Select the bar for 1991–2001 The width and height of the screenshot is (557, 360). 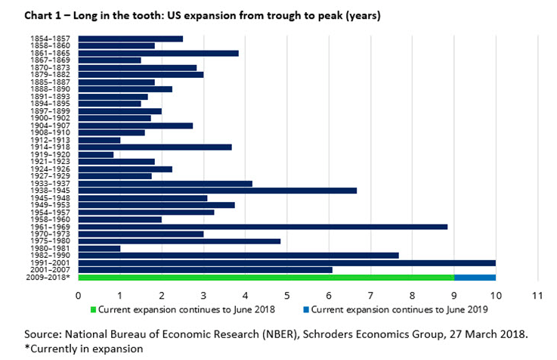[x=287, y=262]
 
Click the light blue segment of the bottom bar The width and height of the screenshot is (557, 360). [x=475, y=277]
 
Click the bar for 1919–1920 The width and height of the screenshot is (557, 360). [x=96, y=154]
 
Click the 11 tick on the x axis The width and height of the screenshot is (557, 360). [x=537, y=293]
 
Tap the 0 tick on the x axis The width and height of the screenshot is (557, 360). [x=79, y=293]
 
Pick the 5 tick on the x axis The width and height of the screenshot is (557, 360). [x=287, y=293]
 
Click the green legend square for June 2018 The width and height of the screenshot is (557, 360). [x=94, y=309]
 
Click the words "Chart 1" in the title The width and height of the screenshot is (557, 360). [x=43, y=14]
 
